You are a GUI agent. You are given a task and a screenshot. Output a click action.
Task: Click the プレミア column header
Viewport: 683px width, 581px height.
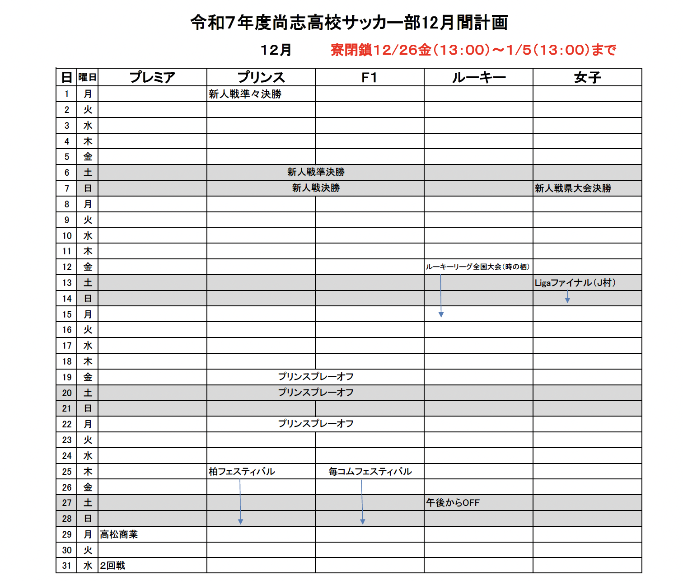click(152, 77)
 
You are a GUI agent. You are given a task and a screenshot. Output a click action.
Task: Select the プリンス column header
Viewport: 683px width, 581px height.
click(261, 77)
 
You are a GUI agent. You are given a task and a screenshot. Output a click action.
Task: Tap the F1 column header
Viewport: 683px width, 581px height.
click(369, 78)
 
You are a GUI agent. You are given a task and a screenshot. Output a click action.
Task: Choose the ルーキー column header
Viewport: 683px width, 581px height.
click(478, 78)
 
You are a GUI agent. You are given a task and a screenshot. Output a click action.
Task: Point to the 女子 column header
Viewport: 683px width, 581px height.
click(587, 78)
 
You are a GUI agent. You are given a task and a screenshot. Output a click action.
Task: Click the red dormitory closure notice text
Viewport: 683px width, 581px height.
click(473, 50)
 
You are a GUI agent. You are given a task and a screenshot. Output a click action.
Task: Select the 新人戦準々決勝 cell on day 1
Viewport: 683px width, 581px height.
click(245, 94)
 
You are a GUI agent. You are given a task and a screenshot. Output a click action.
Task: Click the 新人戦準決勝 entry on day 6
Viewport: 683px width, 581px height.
click(316, 172)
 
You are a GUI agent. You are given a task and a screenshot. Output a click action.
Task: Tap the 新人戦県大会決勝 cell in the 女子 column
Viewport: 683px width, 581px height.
click(573, 188)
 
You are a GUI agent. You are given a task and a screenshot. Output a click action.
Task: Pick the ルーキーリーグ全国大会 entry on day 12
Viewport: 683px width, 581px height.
click(477, 267)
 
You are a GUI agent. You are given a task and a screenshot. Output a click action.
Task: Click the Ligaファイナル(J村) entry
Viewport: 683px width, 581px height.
click(575, 283)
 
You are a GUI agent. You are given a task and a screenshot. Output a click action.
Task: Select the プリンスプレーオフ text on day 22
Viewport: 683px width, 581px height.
click(316, 424)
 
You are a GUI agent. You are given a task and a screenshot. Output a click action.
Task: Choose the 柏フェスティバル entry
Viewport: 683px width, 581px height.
click(242, 472)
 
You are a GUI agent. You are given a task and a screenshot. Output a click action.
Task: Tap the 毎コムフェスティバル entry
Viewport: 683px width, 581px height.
click(370, 472)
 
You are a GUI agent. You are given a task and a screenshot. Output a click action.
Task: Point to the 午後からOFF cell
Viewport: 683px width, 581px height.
click(453, 503)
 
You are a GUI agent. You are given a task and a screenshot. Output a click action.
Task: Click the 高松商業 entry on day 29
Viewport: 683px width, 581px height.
click(119, 534)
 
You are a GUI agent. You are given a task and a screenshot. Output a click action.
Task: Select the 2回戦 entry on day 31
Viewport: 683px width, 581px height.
click(112, 566)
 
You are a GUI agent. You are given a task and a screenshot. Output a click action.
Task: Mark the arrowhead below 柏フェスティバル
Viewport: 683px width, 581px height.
click(240, 522)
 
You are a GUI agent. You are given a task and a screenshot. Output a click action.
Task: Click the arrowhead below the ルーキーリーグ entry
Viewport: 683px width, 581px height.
click(441, 314)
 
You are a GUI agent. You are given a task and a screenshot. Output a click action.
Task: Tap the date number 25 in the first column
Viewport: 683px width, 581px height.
click(67, 472)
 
